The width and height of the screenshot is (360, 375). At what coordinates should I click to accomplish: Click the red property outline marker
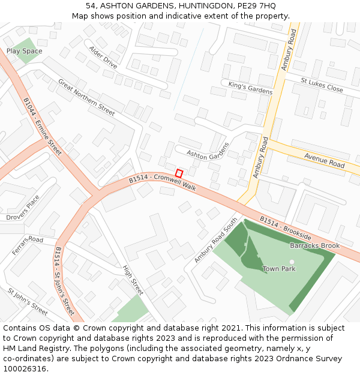(x=179, y=173)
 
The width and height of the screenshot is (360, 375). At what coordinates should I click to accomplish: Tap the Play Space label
(x=25, y=52)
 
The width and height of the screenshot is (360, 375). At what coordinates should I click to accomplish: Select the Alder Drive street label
(x=103, y=56)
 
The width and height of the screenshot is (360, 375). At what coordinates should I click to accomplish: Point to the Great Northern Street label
(x=86, y=97)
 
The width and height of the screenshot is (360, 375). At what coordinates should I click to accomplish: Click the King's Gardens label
(x=250, y=88)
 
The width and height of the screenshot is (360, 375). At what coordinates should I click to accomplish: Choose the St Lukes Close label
(x=322, y=85)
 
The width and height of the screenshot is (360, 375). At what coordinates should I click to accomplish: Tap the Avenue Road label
(x=324, y=160)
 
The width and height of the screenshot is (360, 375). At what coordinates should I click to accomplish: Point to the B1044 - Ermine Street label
(x=43, y=127)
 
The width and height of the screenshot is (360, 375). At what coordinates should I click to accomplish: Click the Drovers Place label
(x=23, y=208)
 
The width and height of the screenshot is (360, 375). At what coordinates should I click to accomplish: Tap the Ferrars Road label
(x=28, y=245)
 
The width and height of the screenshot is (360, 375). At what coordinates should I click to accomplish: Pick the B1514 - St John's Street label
(x=65, y=281)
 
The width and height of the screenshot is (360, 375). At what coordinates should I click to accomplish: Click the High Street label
(x=133, y=280)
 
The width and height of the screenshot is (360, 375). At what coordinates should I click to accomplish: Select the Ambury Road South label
(x=215, y=240)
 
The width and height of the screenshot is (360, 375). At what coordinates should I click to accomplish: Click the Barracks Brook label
(x=314, y=246)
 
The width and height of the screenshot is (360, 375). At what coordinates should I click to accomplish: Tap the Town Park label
(x=279, y=269)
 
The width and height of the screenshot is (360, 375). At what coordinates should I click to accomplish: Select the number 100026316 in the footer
(x=25, y=368)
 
